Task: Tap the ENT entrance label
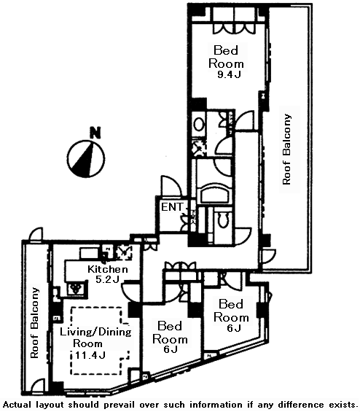172,207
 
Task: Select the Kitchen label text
108,269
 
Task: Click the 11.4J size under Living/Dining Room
90,355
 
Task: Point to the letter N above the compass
95,133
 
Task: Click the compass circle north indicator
86,159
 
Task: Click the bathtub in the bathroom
215,193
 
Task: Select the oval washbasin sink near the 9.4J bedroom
199,125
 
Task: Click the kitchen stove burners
77,289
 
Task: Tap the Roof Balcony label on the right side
286,149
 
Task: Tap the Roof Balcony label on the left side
35,323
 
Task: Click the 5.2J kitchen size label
108,279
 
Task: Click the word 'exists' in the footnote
343,405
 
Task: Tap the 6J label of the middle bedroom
169,349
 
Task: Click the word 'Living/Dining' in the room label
96,332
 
